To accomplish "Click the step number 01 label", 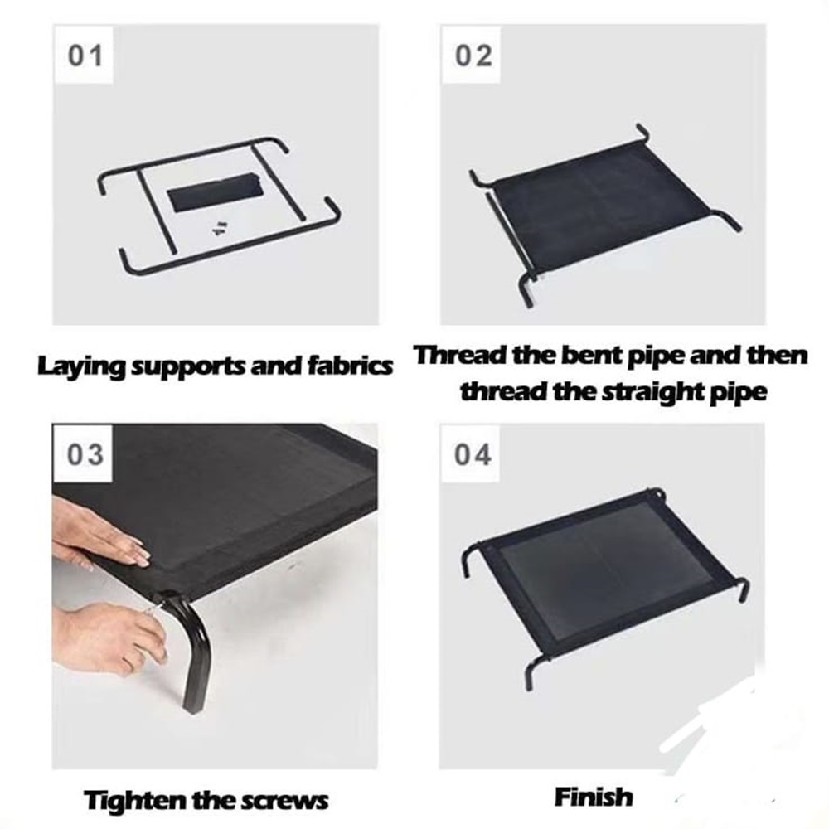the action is pyautogui.click(x=85, y=56).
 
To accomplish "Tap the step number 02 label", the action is pyautogui.click(x=473, y=56).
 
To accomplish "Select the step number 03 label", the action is pyautogui.click(x=85, y=455).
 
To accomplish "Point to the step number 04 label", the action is pyautogui.click(x=473, y=454).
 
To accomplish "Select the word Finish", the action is pyautogui.click(x=594, y=797).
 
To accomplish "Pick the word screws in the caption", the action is pyautogui.click(x=284, y=802).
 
